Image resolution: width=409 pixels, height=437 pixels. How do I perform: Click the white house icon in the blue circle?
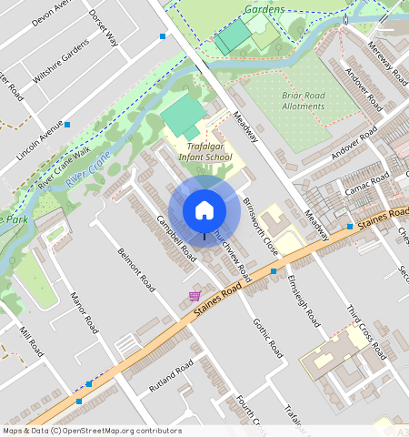click(x=204, y=210)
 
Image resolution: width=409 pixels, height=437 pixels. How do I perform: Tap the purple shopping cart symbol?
click(x=195, y=296)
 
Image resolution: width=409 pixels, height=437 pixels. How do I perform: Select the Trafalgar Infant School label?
click(x=204, y=151)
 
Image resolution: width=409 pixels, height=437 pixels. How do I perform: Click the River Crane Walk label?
click(x=64, y=167)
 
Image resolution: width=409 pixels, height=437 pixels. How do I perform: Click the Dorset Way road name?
click(x=104, y=27)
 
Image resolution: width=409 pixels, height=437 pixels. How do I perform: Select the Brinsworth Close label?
click(x=260, y=227)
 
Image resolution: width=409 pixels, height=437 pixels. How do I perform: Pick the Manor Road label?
click(x=84, y=312)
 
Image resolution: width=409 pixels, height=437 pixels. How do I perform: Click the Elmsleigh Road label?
click(x=304, y=300)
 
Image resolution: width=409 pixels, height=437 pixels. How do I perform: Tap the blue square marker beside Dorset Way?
click(x=163, y=36)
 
